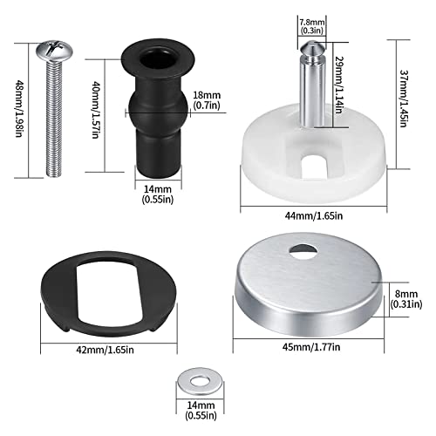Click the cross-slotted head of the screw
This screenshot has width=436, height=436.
pyautogui.click(x=54, y=51)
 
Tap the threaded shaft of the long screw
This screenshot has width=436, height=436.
pyautogui.click(x=54, y=119)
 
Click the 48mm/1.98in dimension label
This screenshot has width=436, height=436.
pyautogui.click(x=19, y=109)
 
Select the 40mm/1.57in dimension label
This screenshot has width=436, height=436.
pyautogui.click(x=96, y=110)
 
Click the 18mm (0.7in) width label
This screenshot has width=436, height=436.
pyautogui.click(x=207, y=100)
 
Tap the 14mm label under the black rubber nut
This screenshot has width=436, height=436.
pyautogui.click(x=158, y=194)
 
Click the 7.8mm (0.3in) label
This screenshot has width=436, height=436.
pyautogui.click(x=312, y=26)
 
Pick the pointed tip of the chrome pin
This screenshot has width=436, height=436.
pyautogui.click(x=311, y=42)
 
